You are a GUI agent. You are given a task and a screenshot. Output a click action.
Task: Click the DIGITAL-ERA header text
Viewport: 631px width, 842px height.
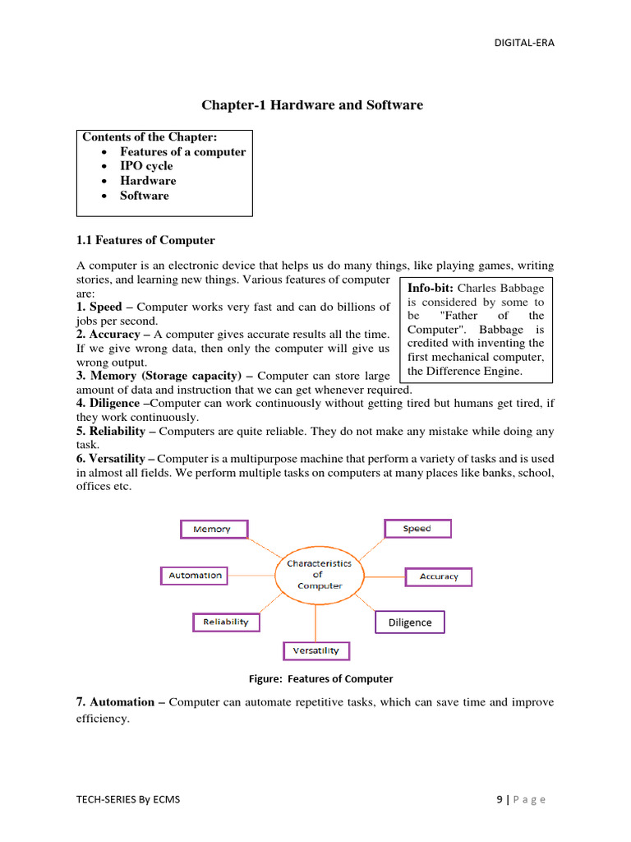523,43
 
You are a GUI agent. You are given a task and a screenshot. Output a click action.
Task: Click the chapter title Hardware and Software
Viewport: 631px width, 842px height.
312,105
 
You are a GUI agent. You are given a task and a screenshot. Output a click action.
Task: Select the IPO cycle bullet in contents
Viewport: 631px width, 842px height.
146,166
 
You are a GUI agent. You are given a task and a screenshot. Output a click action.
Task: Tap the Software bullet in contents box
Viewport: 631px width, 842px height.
144,196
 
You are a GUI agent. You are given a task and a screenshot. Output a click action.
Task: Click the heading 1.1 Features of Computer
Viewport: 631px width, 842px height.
145,240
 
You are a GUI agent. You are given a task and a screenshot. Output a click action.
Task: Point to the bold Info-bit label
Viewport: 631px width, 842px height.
431,288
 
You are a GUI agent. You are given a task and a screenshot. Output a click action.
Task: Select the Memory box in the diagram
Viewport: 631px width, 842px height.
213,529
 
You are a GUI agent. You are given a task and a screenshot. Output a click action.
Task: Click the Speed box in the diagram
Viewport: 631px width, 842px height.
417,529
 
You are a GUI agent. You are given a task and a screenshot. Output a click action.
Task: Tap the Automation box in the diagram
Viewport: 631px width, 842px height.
196,576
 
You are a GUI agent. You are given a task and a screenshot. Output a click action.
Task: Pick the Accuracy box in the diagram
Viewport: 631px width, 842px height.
439,576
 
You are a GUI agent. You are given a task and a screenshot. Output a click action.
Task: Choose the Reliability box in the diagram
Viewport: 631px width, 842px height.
226,622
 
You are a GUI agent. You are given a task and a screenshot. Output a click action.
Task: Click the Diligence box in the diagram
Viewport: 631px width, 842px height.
409,622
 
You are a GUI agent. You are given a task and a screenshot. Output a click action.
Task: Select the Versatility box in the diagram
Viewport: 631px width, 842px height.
316,650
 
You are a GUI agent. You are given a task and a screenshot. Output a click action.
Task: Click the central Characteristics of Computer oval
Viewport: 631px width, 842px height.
319,574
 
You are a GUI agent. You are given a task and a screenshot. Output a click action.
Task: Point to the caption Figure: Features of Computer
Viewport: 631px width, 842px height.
320,679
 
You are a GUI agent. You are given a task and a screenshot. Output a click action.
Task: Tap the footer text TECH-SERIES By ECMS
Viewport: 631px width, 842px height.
127,799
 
